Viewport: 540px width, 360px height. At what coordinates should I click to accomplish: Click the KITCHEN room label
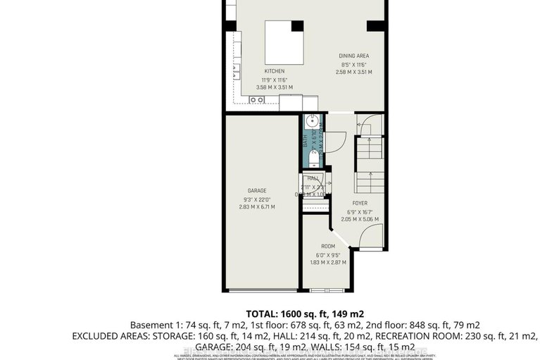pyautogui.click(x=275, y=71)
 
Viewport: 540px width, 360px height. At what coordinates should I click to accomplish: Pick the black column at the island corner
pyautogui.click(x=297, y=26)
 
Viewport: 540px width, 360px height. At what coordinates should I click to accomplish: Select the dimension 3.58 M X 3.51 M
pyautogui.click(x=275, y=87)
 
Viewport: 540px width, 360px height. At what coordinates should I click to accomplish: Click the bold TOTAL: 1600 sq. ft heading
pyautogui.click(x=304, y=313)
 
